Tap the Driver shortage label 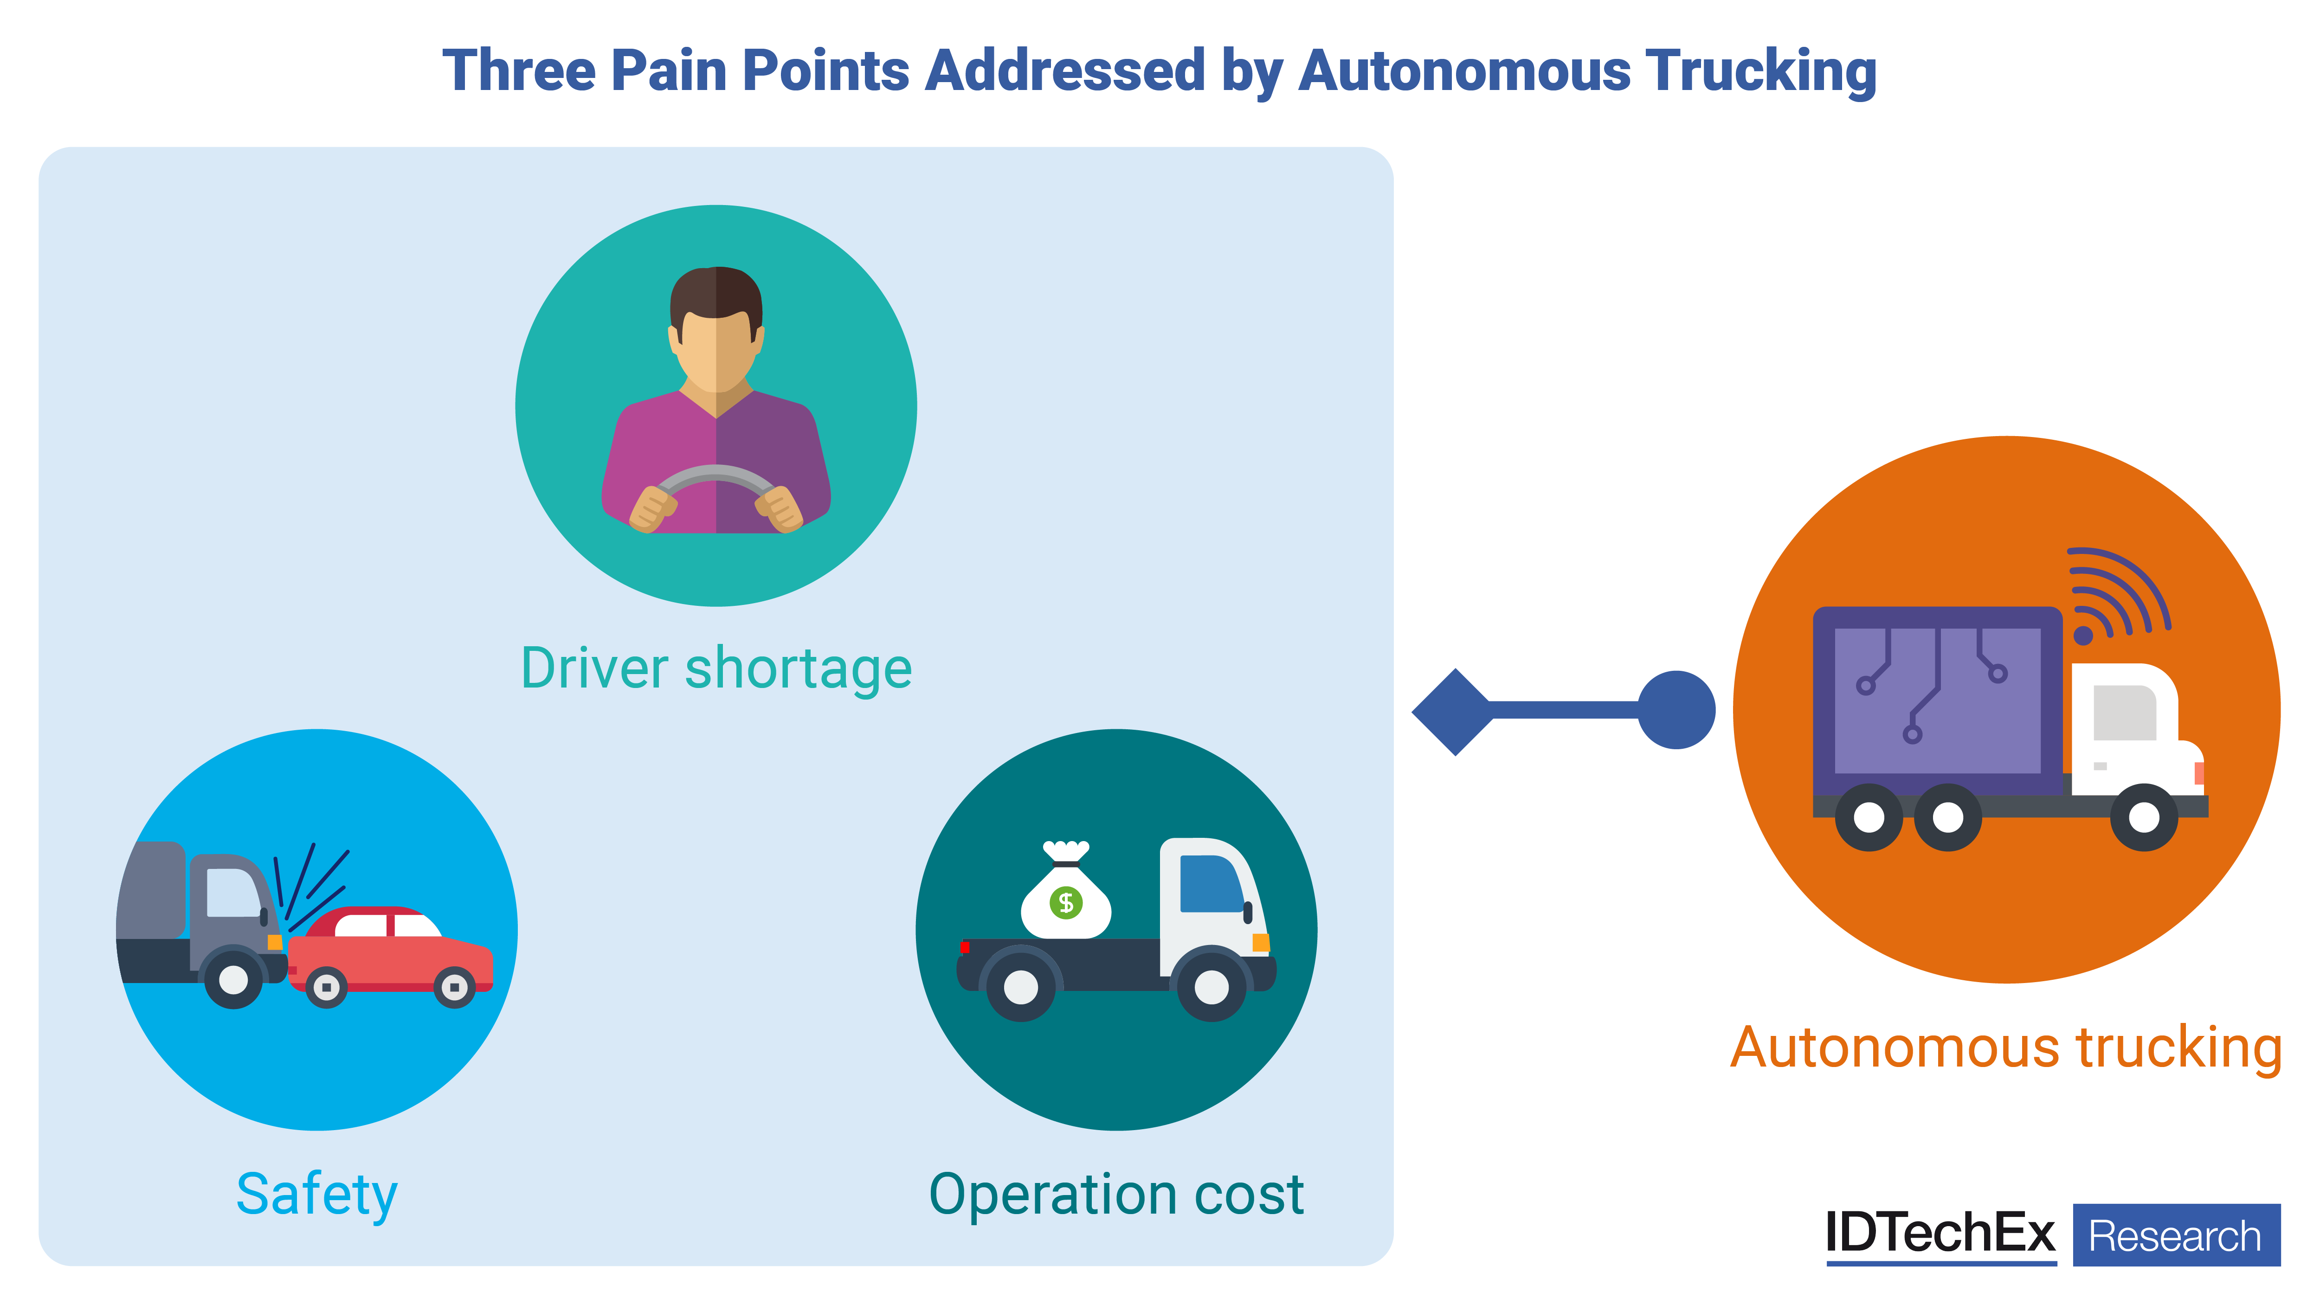(716, 668)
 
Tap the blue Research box (2176, 1235)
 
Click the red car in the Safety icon (396, 955)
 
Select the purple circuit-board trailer (1936, 701)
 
